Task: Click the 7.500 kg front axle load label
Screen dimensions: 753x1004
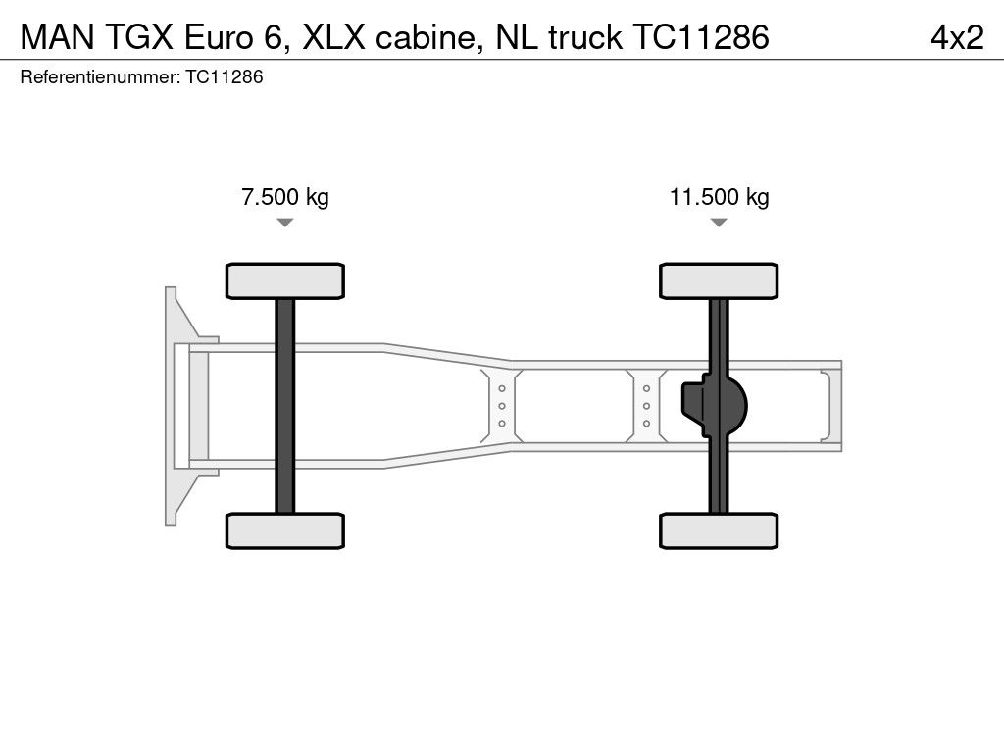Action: (284, 197)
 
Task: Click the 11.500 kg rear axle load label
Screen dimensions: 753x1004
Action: (719, 197)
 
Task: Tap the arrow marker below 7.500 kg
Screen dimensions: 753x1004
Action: (284, 223)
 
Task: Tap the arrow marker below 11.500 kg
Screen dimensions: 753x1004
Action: (719, 223)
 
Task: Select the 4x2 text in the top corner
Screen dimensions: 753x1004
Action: (956, 37)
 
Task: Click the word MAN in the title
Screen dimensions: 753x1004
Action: (53, 37)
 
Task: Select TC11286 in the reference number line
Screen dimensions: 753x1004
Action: (224, 77)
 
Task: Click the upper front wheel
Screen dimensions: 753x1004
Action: (284, 280)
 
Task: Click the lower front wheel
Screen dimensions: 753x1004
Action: (284, 530)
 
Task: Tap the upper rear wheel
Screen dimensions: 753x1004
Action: (719, 280)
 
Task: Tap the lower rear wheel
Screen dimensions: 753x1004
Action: (719, 530)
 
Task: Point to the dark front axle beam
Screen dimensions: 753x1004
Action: (284, 405)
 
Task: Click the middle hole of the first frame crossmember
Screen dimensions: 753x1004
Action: (501, 405)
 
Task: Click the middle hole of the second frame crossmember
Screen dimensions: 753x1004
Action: (647, 405)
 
